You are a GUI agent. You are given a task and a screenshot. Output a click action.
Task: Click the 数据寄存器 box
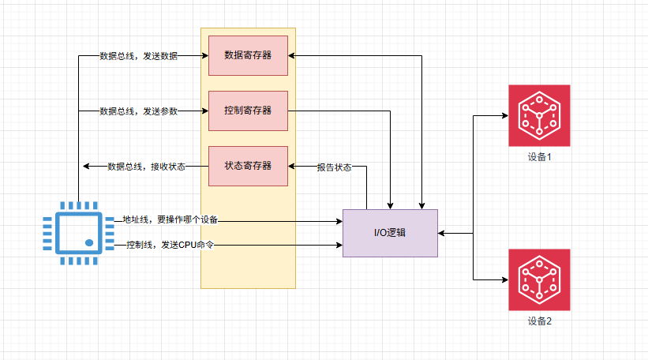click(248, 56)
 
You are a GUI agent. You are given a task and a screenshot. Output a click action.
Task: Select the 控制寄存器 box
click(248, 111)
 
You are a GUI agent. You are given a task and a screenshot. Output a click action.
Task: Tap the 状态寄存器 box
click(248, 167)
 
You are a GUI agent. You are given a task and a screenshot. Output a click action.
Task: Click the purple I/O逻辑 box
click(390, 233)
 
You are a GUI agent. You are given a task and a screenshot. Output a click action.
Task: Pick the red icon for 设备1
click(539, 115)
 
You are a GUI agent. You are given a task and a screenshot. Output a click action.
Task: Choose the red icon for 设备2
click(539, 279)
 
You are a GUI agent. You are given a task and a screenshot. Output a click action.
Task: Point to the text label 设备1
click(539, 157)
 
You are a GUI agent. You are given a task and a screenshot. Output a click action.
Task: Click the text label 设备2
click(539, 321)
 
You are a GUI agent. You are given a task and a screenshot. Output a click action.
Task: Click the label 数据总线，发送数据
click(138, 57)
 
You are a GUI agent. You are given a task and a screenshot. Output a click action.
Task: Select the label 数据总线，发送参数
click(138, 112)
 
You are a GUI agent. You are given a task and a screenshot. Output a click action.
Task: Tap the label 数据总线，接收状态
click(146, 167)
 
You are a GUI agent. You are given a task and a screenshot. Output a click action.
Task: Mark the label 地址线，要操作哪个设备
click(170, 219)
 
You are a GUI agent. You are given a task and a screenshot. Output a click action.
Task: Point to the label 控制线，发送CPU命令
click(170, 246)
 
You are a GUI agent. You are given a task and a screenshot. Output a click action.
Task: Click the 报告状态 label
click(334, 167)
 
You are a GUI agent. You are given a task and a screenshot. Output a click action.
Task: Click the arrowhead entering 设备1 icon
click(504, 115)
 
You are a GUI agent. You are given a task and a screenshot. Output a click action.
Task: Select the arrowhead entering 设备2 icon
click(504, 279)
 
